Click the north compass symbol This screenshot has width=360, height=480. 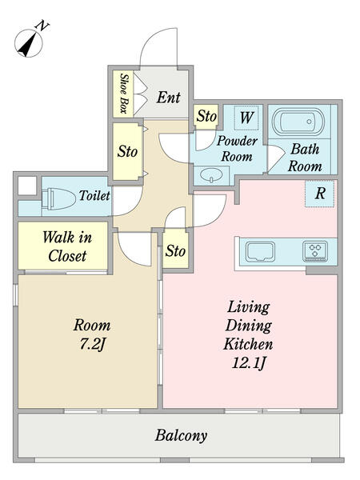(x=30, y=42)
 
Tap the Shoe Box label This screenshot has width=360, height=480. (x=123, y=94)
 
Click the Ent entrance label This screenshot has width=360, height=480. (x=168, y=98)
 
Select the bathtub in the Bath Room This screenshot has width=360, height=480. (x=298, y=122)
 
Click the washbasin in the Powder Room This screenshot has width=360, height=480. (x=211, y=175)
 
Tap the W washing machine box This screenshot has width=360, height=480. (x=246, y=118)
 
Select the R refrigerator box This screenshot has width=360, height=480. (x=319, y=194)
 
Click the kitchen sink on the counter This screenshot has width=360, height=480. (x=261, y=252)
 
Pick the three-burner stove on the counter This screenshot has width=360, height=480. (x=315, y=252)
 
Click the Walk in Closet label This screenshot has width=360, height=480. (x=67, y=246)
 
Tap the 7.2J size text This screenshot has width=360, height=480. (x=92, y=345)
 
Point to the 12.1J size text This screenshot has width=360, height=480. (x=248, y=363)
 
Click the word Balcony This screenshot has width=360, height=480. (x=181, y=435)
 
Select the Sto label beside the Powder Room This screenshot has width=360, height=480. (x=206, y=116)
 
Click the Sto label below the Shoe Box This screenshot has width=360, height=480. (x=128, y=151)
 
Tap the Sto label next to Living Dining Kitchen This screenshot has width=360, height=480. (x=175, y=251)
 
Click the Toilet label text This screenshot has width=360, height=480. (x=94, y=196)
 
